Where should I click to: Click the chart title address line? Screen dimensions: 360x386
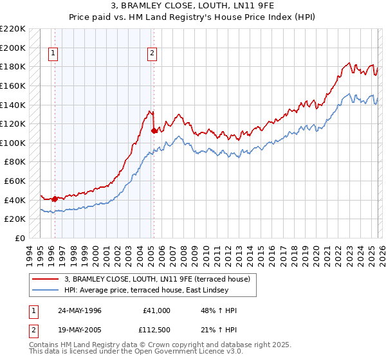(193, 6)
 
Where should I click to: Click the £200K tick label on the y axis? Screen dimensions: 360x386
(13, 48)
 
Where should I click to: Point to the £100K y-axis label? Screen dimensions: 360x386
(13, 143)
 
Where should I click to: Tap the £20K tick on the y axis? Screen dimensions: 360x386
(15, 219)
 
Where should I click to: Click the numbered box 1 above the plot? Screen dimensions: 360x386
(53, 54)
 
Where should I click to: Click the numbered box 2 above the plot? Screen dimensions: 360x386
(152, 54)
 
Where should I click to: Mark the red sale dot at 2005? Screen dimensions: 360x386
(154, 130)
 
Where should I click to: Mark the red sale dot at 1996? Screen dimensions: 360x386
(55, 199)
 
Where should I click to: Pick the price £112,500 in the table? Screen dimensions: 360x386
(156, 330)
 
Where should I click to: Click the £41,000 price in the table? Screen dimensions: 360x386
(156, 310)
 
